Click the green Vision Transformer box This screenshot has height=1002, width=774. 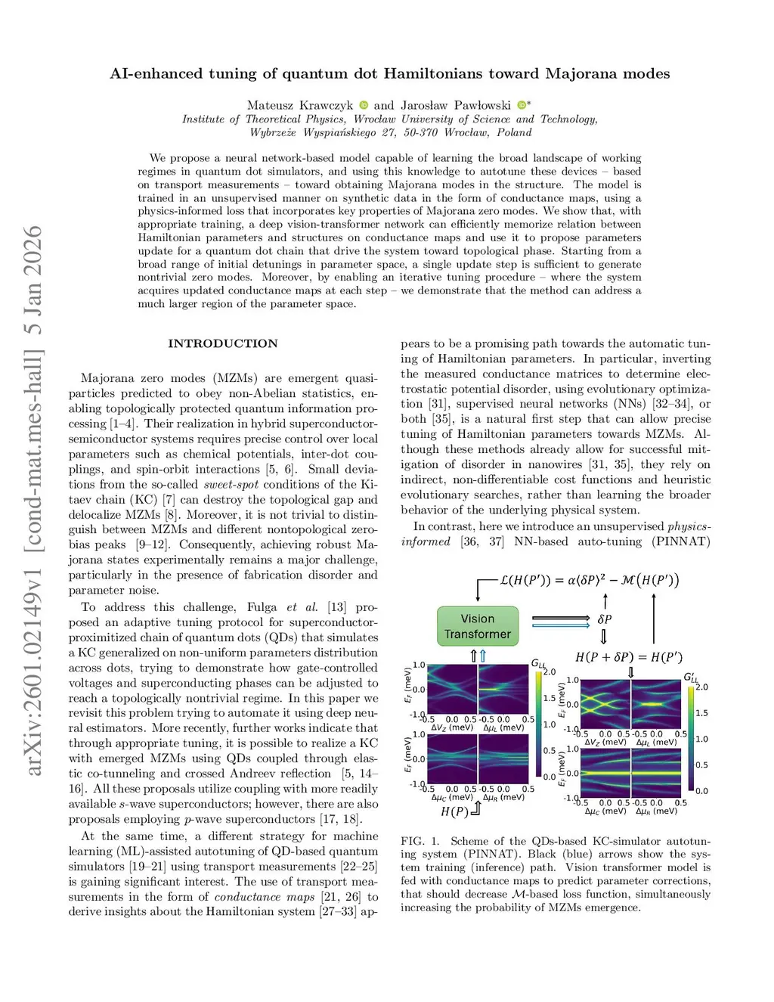(x=478, y=626)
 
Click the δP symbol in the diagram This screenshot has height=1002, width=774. (x=605, y=619)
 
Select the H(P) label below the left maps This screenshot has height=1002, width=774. (x=454, y=811)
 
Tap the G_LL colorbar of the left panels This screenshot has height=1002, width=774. (x=538, y=724)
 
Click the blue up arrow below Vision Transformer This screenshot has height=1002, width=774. (x=483, y=656)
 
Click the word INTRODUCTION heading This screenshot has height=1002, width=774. (x=223, y=343)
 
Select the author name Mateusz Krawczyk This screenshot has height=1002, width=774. (x=299, y=105)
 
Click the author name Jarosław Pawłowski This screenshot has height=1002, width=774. (x=456, y=105)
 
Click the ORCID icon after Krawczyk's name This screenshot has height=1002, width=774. (x=364, y=105)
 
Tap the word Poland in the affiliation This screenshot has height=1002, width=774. (x=514, y=132)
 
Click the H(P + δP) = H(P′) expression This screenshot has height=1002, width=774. (x=629, y=656)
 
